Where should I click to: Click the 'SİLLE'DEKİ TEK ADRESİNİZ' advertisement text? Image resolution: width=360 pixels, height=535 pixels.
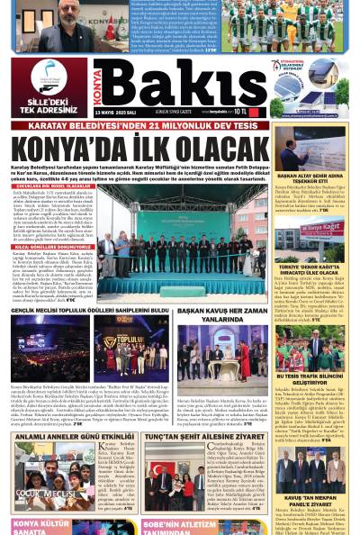49,106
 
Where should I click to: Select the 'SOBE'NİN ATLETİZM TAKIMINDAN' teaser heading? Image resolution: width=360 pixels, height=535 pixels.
180,526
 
